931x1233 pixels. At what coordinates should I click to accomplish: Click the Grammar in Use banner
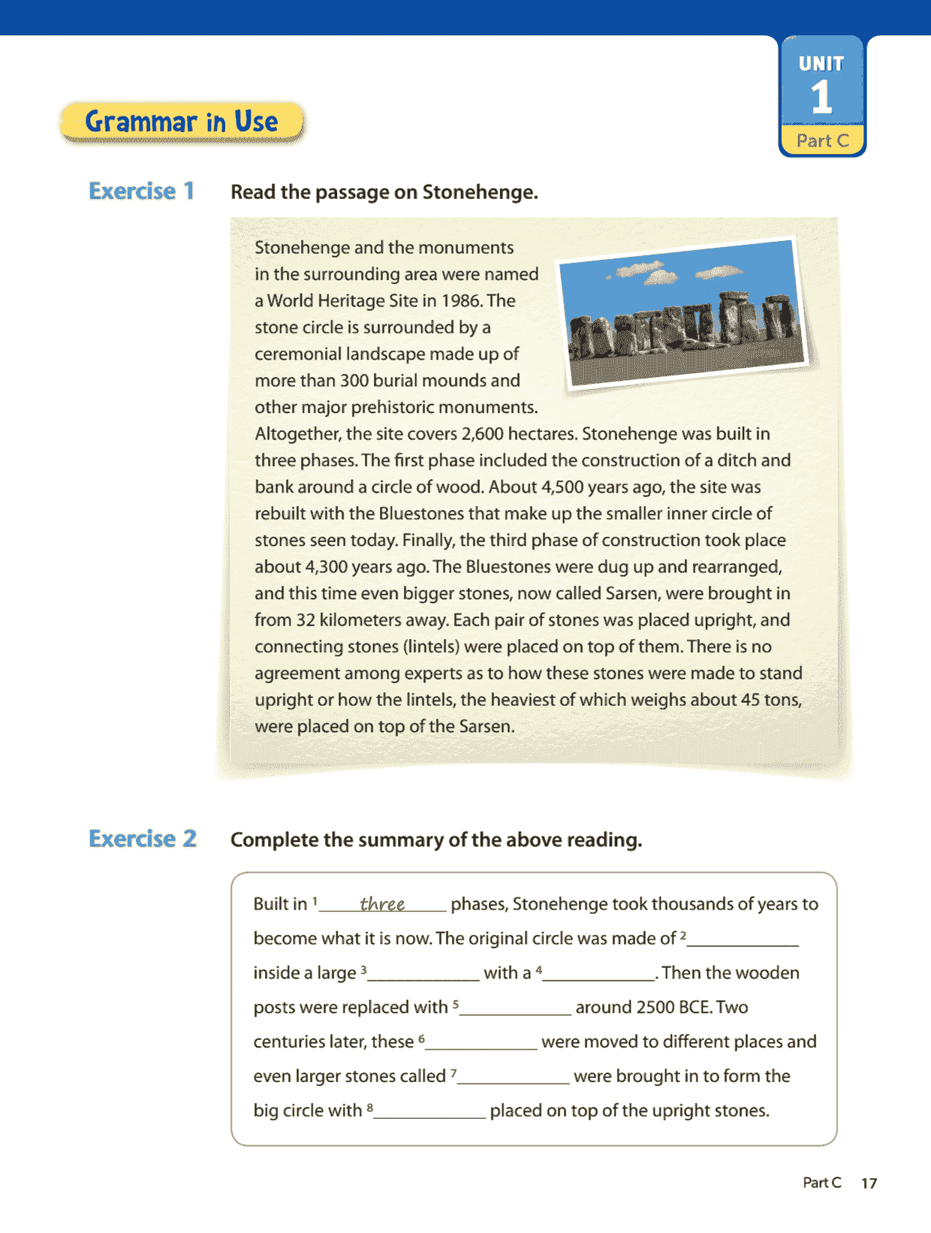(x=182, y=122)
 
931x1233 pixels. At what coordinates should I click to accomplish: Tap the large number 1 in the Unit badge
(x=821, y=98)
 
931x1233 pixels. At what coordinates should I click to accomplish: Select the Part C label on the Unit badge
(x=822, y=140)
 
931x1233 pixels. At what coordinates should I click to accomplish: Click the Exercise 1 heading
(x=141, y=191)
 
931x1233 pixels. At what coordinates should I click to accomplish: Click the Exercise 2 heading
(x=143, y=839)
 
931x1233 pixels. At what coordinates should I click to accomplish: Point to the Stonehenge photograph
(x=682, y=313)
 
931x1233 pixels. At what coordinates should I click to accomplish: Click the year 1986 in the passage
(x=460, y=301)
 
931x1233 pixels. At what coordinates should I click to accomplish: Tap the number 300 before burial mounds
(x=354, y=381)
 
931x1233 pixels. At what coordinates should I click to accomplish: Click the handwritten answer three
(x=382, y=903)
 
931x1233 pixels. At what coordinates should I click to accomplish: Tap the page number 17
(x=869, y=1183)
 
